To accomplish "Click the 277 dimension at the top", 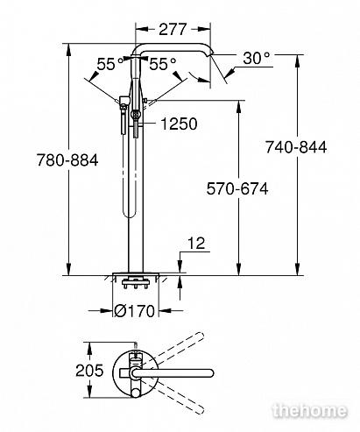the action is tap(173, 29).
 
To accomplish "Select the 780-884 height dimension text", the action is tap(67, 160).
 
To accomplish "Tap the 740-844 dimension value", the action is tap(296, 147).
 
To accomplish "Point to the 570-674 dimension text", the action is tap(237, 188).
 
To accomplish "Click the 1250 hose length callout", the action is tap(179, 124).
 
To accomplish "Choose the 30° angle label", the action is tap(257, 58).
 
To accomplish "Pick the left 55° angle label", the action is tap(110, 64).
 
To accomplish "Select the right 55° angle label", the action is tap(163, 64).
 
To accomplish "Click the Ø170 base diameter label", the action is tap(134, 311).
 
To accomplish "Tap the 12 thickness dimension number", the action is tap(196, 243).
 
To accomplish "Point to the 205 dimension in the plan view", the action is tap(89, 371).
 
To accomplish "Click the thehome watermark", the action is tap(310, 410).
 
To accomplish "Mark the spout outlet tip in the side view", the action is tap(211, 53).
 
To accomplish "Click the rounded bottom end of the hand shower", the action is tap(129, 214).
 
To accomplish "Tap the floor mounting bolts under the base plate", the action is tap(135, 284).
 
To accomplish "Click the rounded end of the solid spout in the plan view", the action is tap(210, 373).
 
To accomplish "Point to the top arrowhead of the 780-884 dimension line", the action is tap(68, 50).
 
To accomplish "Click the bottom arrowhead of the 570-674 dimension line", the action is tap(239, 269).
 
